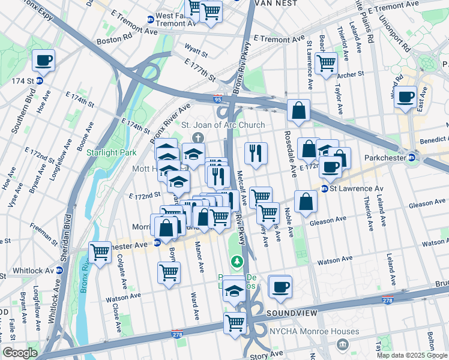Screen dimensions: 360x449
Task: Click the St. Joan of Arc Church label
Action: click(223, 125)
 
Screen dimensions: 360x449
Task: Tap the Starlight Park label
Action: click(106, 152)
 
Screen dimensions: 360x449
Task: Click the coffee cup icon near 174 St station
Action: click(44, 61)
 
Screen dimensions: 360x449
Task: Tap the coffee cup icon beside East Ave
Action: click(406, 97)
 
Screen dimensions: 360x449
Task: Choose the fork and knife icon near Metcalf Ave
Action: click(256, 153)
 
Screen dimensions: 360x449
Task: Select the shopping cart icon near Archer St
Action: click(326, 63)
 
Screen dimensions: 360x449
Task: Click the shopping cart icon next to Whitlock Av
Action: click(100, 253)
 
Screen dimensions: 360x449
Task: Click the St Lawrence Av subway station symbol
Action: click(324, 188)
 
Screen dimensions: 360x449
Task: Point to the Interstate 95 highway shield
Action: click(217, 98)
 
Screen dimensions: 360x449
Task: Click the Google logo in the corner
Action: click(20, 353)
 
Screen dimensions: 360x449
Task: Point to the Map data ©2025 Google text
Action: click(411, 355)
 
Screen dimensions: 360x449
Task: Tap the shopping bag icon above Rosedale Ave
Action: click(298, 111)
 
